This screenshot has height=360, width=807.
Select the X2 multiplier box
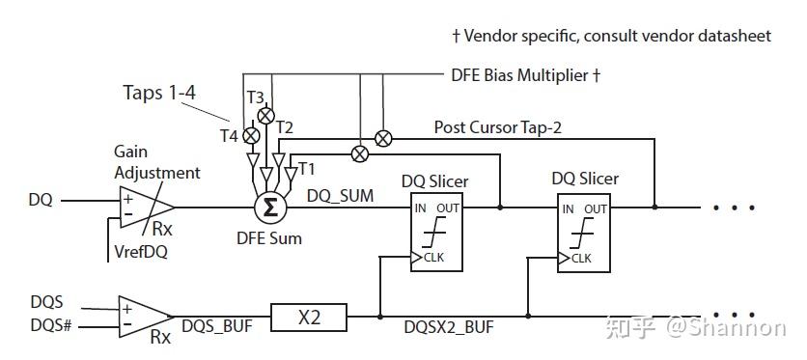(309, 316)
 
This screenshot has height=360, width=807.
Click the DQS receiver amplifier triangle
(143, 316)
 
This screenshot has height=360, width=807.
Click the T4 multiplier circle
(250, 136)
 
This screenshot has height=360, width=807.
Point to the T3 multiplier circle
(265, 115)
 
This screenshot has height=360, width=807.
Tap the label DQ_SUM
(340, 195)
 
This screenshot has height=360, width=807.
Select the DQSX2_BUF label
(449, 328)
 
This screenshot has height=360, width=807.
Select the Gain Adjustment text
(156, 163)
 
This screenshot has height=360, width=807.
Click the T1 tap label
(307, 169)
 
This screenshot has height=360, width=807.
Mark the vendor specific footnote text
(612, 36)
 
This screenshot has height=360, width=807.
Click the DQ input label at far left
(41, 201)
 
